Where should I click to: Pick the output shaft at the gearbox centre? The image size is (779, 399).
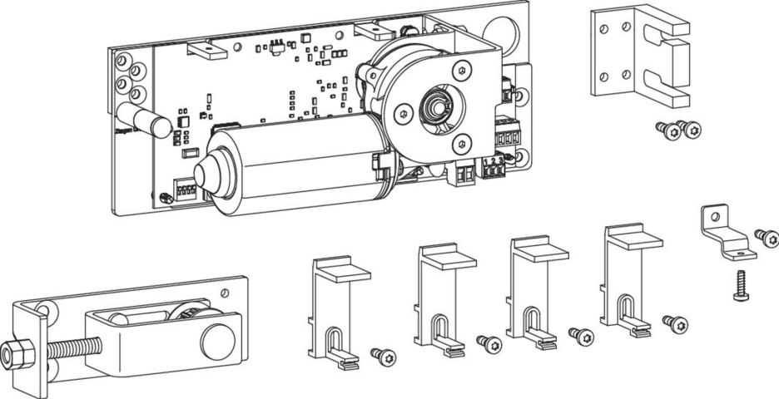tap(435, 106)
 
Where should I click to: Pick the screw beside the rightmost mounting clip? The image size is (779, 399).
tap(675, 322)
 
